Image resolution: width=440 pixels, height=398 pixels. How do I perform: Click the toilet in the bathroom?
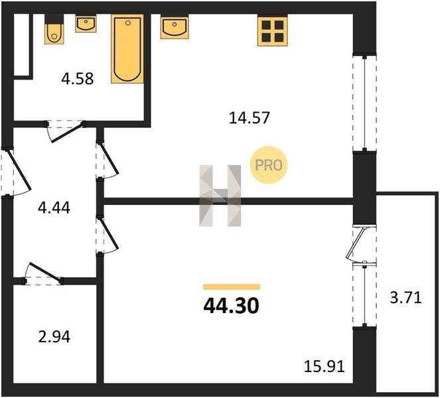pos(54,29)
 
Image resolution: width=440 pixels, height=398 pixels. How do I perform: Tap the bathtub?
pos(127,48)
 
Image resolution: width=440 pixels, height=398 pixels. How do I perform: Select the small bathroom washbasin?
pos(86,23)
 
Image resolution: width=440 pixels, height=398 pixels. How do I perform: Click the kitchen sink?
pos(175,27)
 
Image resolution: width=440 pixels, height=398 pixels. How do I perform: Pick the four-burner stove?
pos(273,31)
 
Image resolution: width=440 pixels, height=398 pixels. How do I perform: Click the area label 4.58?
pos(78,79)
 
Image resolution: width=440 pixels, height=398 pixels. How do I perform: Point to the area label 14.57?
pos(249,118)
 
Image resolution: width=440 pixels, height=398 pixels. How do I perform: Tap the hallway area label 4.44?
pos(54,208)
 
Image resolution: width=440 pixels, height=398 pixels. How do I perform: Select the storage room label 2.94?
pos(54,337)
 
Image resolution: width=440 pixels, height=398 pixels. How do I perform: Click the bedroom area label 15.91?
pos(325,366)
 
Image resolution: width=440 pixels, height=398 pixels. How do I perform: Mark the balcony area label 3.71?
pos(405,298)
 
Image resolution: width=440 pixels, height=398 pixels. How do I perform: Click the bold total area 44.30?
pos(231,306)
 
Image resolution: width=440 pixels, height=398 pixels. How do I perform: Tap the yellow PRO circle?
pos(269,165)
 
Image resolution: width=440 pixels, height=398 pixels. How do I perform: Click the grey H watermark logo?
pos(220,196)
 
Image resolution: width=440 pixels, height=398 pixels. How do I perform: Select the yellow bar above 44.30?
pos(232,287)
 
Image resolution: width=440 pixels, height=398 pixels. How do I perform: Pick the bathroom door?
pos(65,131)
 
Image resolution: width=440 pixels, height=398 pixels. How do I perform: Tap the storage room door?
pos(44,273)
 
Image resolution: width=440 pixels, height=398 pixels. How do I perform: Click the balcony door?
pos(360,243)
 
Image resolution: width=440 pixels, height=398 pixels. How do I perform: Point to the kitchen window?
pos(364,103)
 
